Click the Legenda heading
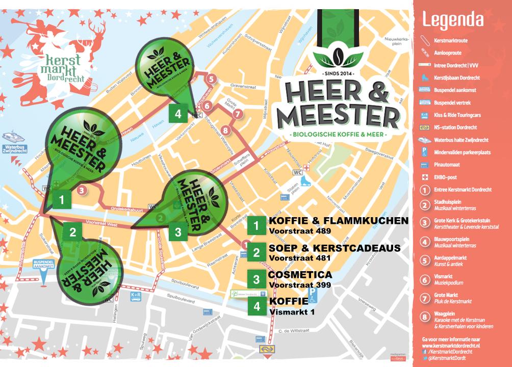pos(453,19)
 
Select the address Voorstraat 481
pos(300,258)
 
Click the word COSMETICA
pos(300,275)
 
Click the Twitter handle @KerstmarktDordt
pos(449,358)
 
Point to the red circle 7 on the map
pos(236,114)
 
